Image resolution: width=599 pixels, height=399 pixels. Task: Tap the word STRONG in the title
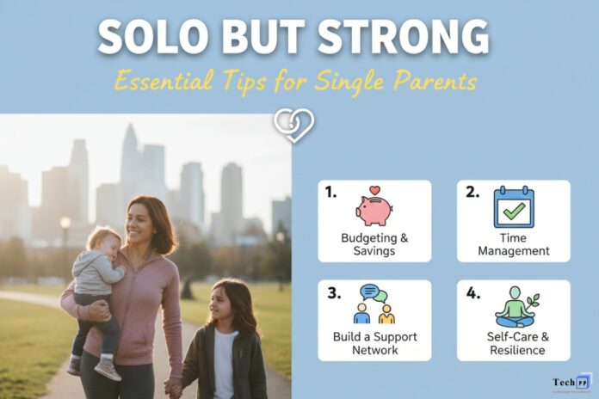pyautogui.click(x=410, y=39)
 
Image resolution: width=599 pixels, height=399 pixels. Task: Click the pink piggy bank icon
pyautogui.click(x=374, y=208)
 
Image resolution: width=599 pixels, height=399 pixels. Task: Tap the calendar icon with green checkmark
pyautogui.click(x=513, y=208)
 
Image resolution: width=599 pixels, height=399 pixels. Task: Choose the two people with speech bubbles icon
pyautogui.click(x=374, y=304)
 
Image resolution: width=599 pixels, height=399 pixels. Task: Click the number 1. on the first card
pyautogui.click(x=331, y=193)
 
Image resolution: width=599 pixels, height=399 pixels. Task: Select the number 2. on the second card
pyautogui.click(x=472, y=193)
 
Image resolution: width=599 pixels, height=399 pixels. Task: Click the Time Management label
pyautogui.click(x=513, y=243)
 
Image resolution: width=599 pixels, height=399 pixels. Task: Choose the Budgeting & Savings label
pyautogui.click(x=374, y=243)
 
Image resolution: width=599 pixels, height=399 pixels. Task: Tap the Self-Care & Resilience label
pyautogui.click(x=513, y=343)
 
